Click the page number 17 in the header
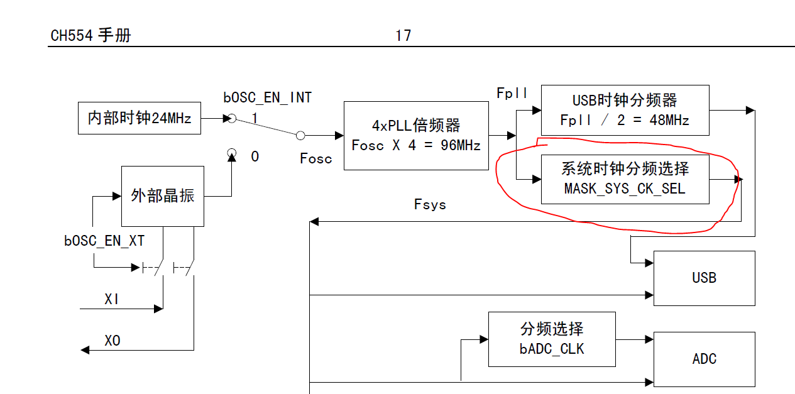click(x=403, y=36)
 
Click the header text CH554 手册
click(x=90, y=36)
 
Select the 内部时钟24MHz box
click(x=140, y=118)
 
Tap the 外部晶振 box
click(x=162, y=196)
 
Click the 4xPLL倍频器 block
click(x=416, y=135)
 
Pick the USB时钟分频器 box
click(x=625, y=110)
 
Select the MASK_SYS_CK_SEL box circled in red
click(x=625, y=179)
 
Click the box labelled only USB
click(x=704, y=278)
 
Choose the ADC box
click(x=704, y=359)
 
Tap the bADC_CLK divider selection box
click(x=552, y=339)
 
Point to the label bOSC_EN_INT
click(x=268, y=97)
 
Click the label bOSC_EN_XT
click(x=104, y=241)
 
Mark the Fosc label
click(x=315, y=158)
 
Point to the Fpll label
click(x=513, y=93)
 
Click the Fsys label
click(x=430, y=204)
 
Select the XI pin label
click(x=112, y=299)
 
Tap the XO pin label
click(x=112, y=341)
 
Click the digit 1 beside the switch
click(x=255, y=118)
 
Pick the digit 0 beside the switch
click(x=255, y=156)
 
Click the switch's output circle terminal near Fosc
click(x=300, y=135)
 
